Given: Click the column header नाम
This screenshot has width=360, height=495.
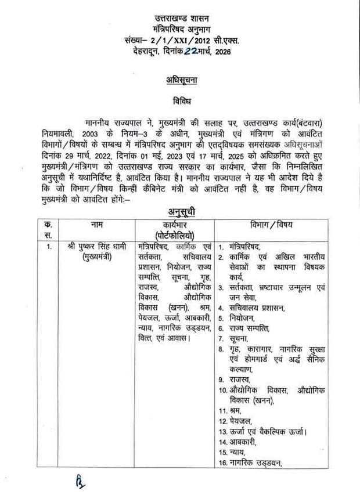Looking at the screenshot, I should [x=96, y=225].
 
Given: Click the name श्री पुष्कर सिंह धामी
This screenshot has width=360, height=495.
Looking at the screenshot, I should [x=96, y=247].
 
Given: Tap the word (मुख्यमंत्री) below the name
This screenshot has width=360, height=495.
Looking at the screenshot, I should [x=96, y=257].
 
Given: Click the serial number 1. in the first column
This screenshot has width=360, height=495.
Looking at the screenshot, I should [x=49, y=247].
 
